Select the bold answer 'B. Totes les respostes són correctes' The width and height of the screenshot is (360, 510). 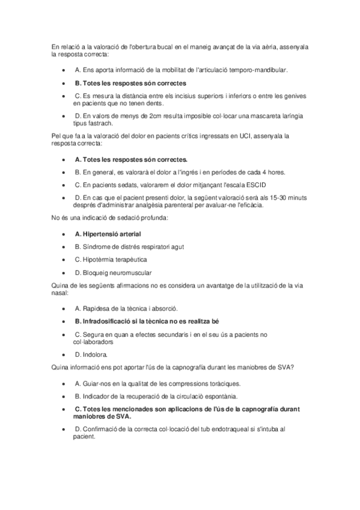[130, 83]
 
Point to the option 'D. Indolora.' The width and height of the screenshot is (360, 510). [91, 354]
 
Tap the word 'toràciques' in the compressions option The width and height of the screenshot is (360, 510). [224, 383]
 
